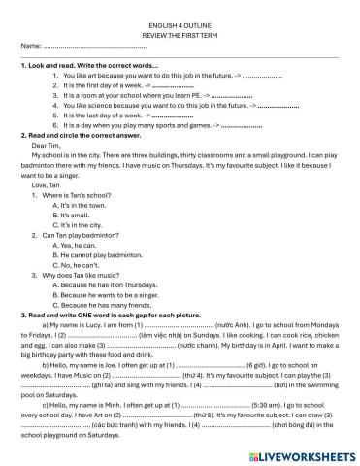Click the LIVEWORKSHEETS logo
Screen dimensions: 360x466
tap(305, 453)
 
